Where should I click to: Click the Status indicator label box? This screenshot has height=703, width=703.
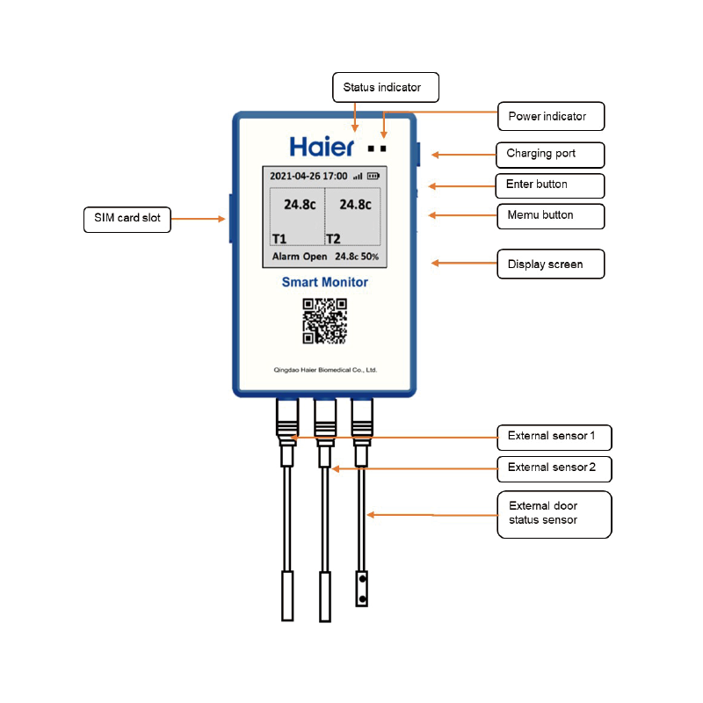(385, 87)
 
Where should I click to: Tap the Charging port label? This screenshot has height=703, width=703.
(550, 155)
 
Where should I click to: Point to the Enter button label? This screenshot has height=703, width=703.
(550, 185)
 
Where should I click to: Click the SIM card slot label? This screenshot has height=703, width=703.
(127, 218)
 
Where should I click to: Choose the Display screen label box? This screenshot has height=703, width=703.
(550, 265)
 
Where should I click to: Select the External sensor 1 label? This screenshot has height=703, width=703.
(554, 437)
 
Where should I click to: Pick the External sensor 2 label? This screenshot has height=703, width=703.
(554, 468)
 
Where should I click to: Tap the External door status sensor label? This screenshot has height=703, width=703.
(554, 513)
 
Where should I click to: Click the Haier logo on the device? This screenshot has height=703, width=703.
(323, 146)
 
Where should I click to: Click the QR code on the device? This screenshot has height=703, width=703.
(324, 321)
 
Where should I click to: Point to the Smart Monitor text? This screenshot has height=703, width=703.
(324, 282)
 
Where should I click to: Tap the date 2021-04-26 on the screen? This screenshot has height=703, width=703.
(294, 176)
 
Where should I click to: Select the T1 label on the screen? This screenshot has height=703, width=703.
(279, 238)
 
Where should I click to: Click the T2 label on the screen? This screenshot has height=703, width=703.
(334, 238)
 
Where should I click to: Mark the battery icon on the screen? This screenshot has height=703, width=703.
(373, 176)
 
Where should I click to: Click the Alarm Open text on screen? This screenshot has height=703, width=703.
(300, 257)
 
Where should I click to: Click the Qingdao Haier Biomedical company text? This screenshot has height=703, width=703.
(324, 371)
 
